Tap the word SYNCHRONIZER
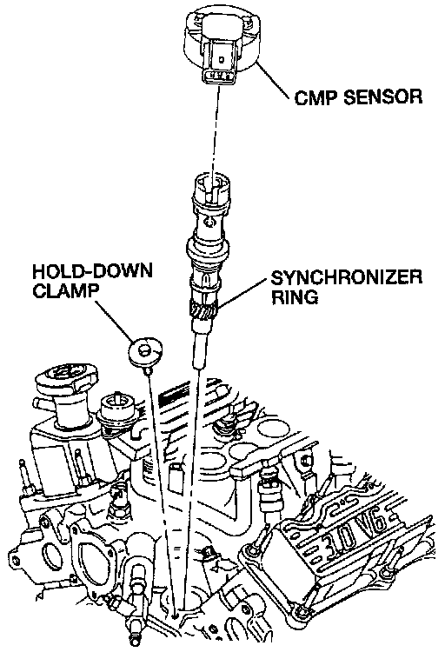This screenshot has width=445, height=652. click(347, 277)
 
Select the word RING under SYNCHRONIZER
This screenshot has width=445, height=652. click(295, 297)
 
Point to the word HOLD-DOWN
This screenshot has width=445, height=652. click(92, 271)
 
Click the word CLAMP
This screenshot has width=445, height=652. click(66, 290)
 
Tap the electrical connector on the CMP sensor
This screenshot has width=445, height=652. click(220, 63)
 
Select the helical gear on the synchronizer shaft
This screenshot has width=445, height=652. click(203, 309)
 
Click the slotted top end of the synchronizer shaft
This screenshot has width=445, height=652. click(210, 186)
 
